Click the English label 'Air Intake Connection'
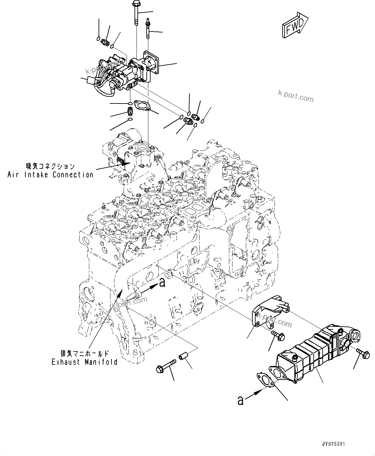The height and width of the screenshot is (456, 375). point(50,175)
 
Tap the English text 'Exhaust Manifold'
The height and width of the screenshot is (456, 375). point(84,362)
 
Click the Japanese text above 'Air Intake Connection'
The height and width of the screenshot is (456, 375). point(50,166)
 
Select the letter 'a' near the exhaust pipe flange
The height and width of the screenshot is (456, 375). point(162,282)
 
